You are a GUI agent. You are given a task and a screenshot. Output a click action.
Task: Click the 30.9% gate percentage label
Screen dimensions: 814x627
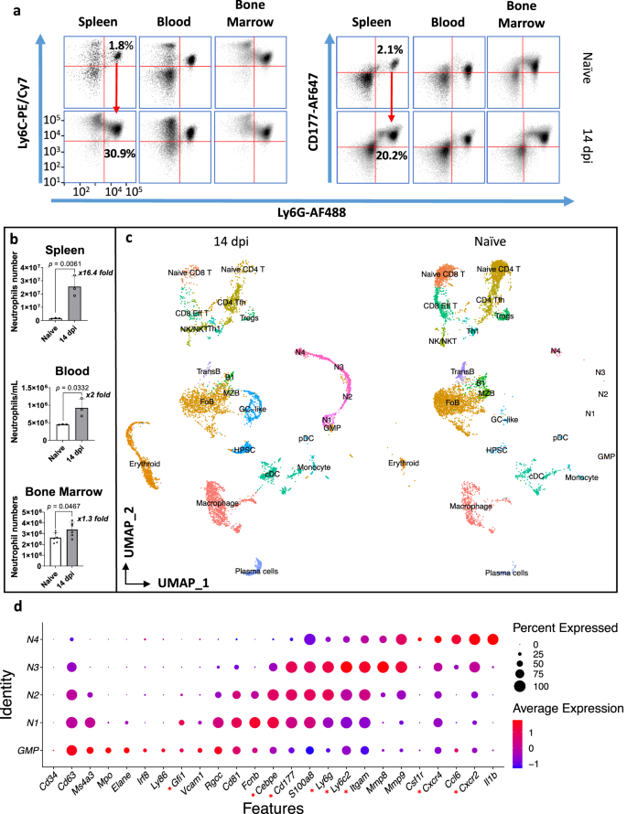click(x=121, y=155)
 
